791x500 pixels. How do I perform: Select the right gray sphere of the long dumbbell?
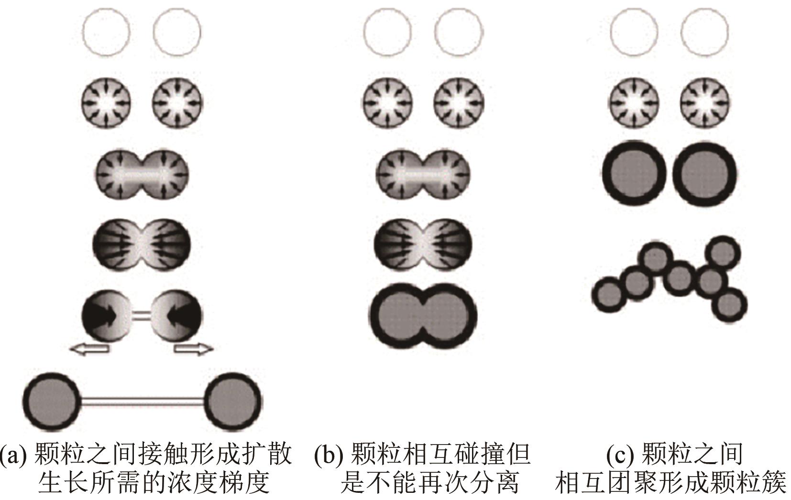(233, 400)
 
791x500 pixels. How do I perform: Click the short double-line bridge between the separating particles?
(141, 315)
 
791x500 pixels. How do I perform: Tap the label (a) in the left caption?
(13, 454)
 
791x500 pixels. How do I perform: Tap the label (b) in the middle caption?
(329, 454)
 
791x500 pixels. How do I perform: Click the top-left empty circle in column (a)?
(106, 33)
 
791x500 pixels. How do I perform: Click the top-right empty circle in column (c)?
(704, 33)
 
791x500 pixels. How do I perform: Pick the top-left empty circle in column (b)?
(387, 33)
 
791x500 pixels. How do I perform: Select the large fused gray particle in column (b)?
(423, 316)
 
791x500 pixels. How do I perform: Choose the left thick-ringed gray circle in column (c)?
(634, 173)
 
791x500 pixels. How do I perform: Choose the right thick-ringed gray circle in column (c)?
(704, 173)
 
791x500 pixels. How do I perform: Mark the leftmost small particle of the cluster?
(609, 293)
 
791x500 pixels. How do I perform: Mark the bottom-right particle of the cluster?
(729, 305)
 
